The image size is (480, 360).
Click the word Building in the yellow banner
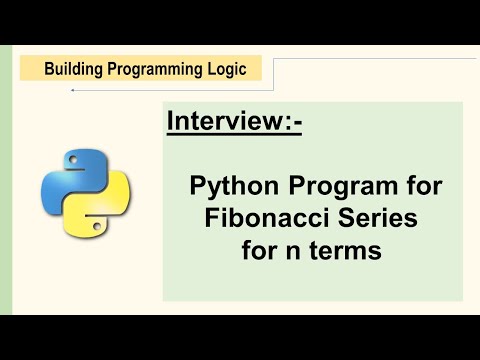pos(73,69)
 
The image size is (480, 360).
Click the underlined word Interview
pos(227,123)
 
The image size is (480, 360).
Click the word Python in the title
pos(229,185)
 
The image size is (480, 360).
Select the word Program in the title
pos(328,185)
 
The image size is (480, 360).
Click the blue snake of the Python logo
pos(62,176)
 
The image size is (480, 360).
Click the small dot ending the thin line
pos(72,90)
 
